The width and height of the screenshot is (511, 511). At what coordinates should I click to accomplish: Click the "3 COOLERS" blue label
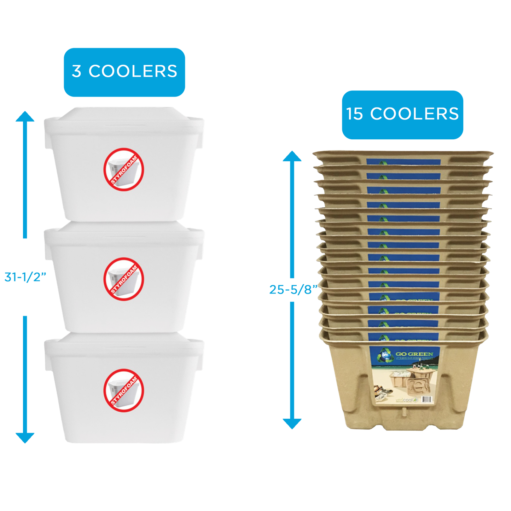(x=124, y=72)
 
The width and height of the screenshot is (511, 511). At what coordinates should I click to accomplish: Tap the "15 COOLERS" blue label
(x=402, y=115)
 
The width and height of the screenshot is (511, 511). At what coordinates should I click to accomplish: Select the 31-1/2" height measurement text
(x=25, y=278)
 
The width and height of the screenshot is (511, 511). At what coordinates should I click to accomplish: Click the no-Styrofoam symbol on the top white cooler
(x=124, y=170)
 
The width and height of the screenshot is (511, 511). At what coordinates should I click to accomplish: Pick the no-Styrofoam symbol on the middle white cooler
(x=124, y=279)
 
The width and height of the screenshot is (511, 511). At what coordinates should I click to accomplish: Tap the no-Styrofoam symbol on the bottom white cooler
(x=124, y=390)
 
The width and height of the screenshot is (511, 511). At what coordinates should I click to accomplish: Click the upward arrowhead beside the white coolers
(x=25, y=116)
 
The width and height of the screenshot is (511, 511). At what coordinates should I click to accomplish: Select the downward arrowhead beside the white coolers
(x=25, y=438)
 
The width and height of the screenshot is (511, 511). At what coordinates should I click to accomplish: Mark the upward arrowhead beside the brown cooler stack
(x=292, y=156)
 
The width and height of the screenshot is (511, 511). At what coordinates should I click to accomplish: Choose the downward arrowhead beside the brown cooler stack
(x=292, y=423)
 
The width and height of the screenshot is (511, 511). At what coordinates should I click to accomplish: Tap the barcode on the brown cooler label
(x=427, y=400)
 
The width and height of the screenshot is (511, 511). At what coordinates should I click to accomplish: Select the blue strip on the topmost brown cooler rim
(x=403, y=162)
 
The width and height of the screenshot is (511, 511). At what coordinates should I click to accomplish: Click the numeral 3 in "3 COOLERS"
(x=76, y=71)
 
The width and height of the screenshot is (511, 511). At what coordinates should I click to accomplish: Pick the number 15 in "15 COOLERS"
(x=355, y=114)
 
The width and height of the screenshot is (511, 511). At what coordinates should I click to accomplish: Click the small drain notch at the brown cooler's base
(x=403, y=412)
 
